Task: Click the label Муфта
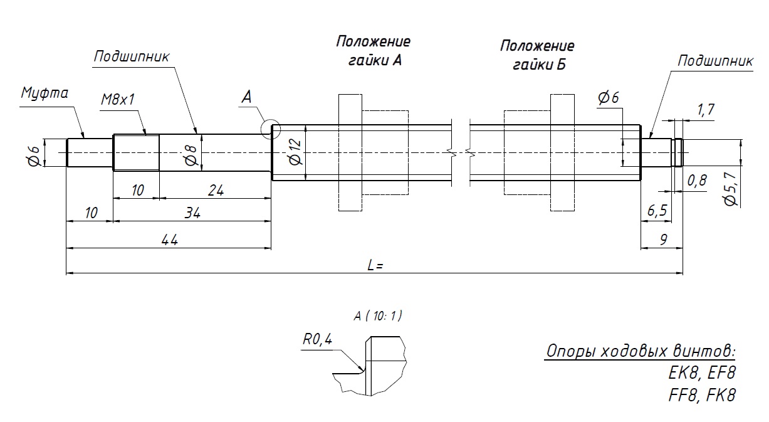(44, 94)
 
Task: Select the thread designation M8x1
(118, 100)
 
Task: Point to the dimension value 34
(192, 213)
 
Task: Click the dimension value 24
(215, 190)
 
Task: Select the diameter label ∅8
(191, 152)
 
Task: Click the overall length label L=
(375, 265)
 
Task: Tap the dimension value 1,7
(706, 110)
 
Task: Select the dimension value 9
(663, 239)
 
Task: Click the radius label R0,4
(317, 339)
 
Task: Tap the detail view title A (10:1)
(377, 316)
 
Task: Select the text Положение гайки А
(373, 51)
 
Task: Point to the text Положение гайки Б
(537, 55)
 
